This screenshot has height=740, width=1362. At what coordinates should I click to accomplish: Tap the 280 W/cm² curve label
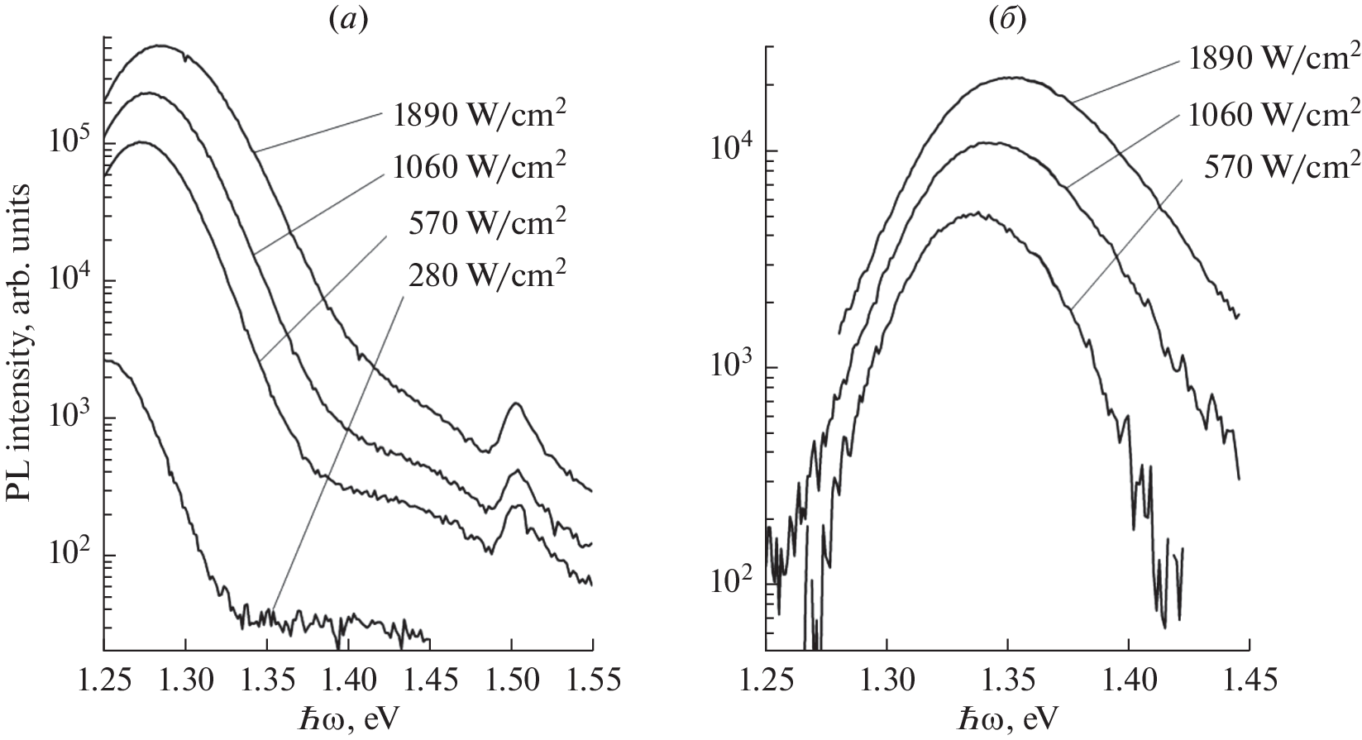[487, 275]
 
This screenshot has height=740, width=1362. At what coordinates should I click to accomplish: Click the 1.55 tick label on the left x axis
[593, 680]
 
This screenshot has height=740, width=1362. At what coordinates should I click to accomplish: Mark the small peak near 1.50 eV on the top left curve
[516, 403]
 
